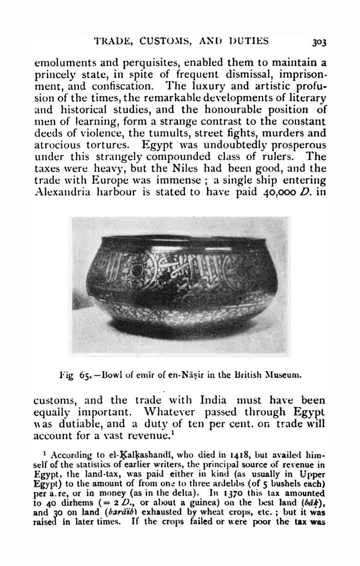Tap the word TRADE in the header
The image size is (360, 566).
click(x=111, y=41)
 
